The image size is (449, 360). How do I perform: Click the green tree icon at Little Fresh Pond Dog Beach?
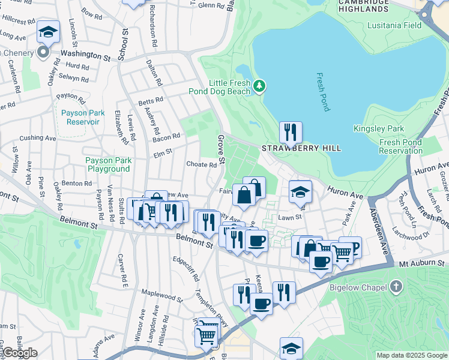coord(259,86)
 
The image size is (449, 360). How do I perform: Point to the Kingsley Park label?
coord(396,129)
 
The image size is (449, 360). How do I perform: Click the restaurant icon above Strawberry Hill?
coord(291,132)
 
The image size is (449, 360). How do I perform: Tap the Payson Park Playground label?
coord(107,164)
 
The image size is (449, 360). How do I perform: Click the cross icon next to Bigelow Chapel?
coord(395,287)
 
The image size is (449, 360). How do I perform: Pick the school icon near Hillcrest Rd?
coord(48,32)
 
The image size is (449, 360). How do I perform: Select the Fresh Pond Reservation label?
coord(401,146)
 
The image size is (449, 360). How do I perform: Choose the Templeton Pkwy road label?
coord(212,305)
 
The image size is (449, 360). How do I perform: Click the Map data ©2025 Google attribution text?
coord(412,355)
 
